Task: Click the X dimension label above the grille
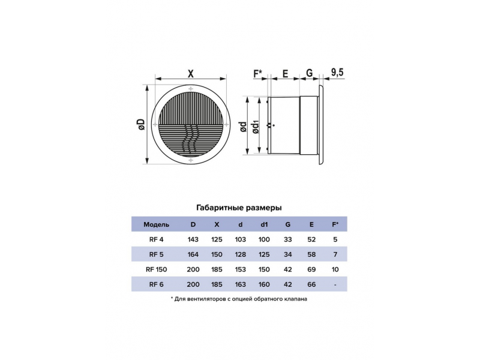(x=191, y=74)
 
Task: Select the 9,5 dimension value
(x=337, y=73)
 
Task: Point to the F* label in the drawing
(x=258, y=73)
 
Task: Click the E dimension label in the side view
(x=285, y=74)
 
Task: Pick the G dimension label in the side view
(x=309, y=73)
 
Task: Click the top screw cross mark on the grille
(x=191, y=89)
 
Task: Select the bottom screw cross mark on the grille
(x=191, y=160)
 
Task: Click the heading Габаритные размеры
(x=239, y=208)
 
